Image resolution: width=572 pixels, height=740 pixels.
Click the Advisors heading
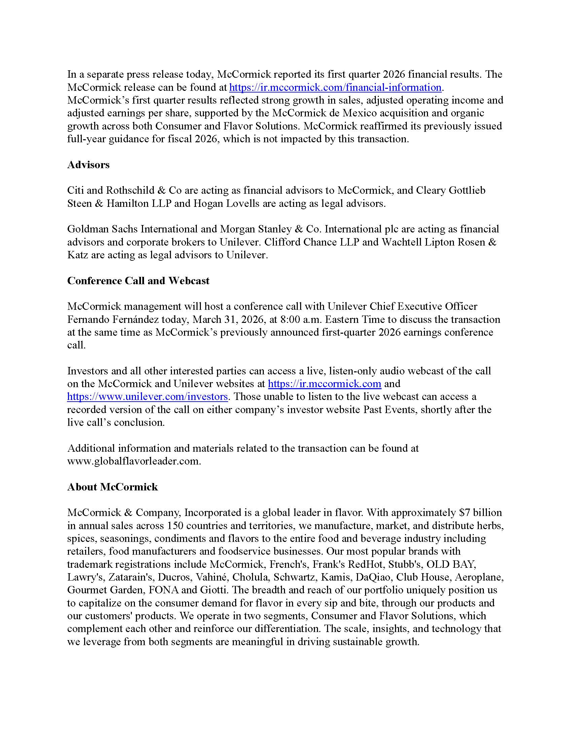(88, 165)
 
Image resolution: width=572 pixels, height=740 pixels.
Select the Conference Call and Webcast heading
(138, 281)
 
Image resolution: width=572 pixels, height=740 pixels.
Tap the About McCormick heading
(112, 487)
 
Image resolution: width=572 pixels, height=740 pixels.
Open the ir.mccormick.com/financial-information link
(335, 87)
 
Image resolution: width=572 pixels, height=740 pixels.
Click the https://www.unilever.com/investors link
(147, 397)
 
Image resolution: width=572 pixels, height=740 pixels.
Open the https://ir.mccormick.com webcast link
(324, 383)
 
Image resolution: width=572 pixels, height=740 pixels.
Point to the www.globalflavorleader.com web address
(134, 461)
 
